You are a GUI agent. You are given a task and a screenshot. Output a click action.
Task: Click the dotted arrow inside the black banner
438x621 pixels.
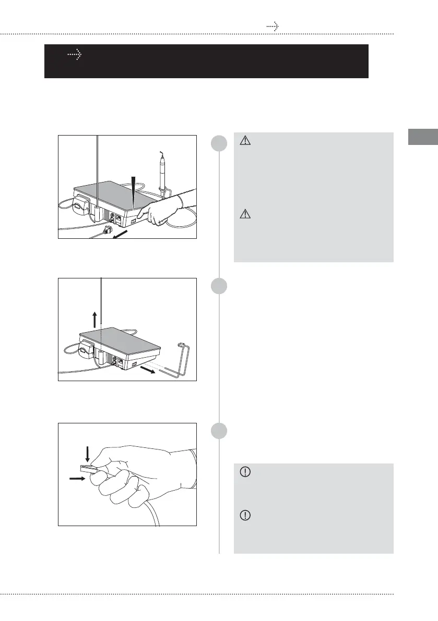(x=76, y=54)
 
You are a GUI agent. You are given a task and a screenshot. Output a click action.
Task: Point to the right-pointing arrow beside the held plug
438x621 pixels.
(x=76, y=476)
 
